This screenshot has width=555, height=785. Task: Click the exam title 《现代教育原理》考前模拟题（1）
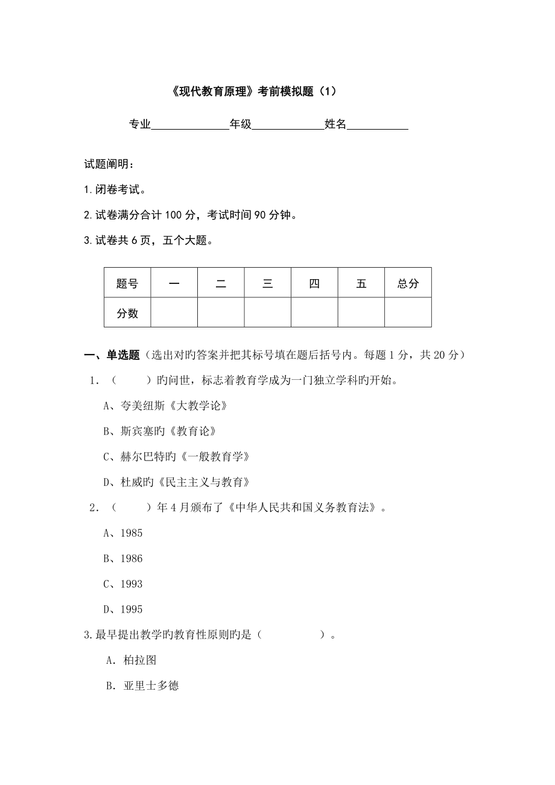(250, 92)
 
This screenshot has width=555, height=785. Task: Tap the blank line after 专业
(189, 125)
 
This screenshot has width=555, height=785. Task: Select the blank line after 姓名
(378, 125)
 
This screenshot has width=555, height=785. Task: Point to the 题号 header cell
(127, 283)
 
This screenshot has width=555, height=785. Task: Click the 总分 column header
(408, 283)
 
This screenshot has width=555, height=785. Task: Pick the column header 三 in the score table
(268, 283)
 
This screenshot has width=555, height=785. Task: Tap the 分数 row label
(127, 313)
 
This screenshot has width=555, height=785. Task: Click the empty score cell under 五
(361, 312)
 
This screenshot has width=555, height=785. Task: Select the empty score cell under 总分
(408, 312)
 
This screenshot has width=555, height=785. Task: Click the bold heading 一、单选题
(112, 355)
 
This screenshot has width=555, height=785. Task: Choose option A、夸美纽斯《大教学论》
(165, 406)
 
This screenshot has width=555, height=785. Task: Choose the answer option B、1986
(123, 559)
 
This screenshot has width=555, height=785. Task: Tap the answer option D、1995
(123, 610)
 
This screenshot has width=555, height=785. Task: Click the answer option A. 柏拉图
(131, 660)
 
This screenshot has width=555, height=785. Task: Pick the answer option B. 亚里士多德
(142, 686)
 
